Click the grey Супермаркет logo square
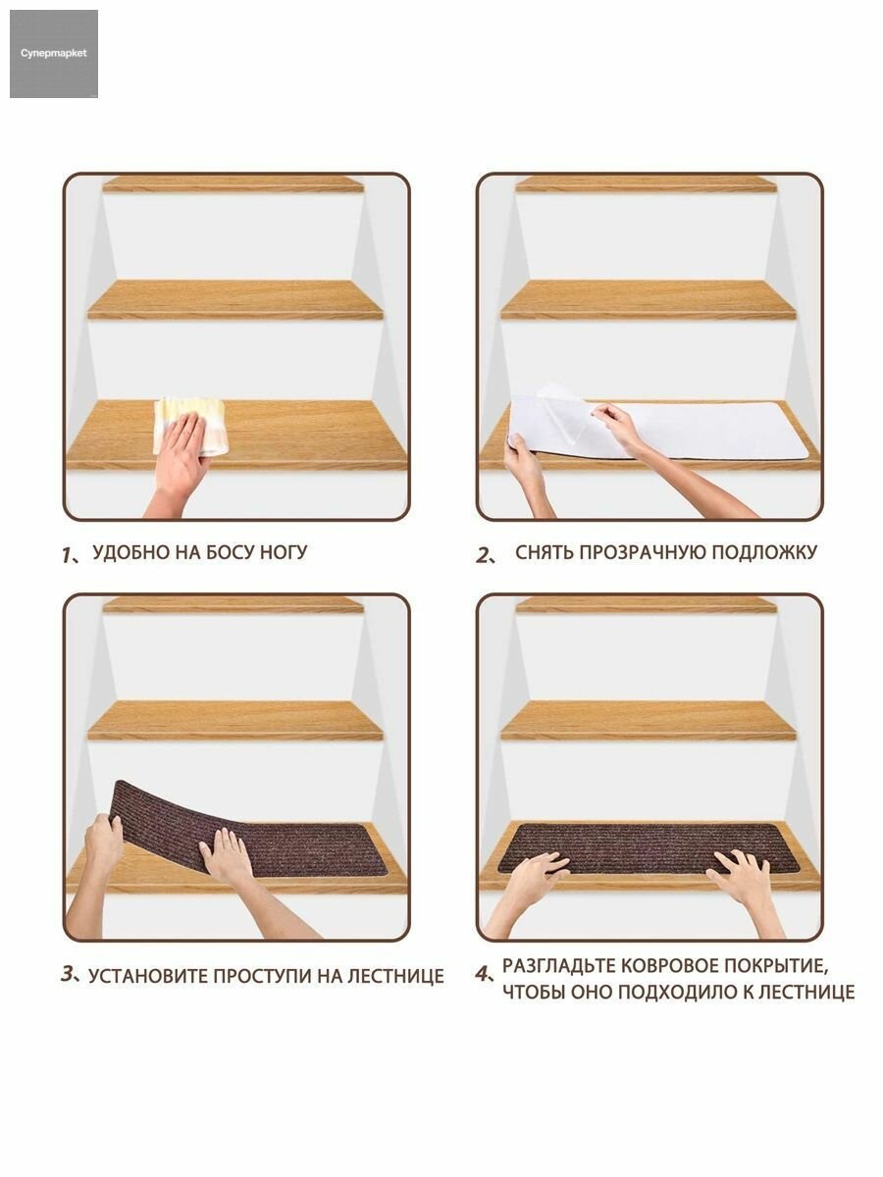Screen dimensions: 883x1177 click(54, 54)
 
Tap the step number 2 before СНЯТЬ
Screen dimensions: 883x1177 click(482, 555)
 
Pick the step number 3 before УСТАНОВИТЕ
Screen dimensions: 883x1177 click(68, 973)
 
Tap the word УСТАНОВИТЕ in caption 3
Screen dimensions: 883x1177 click(147, 976)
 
